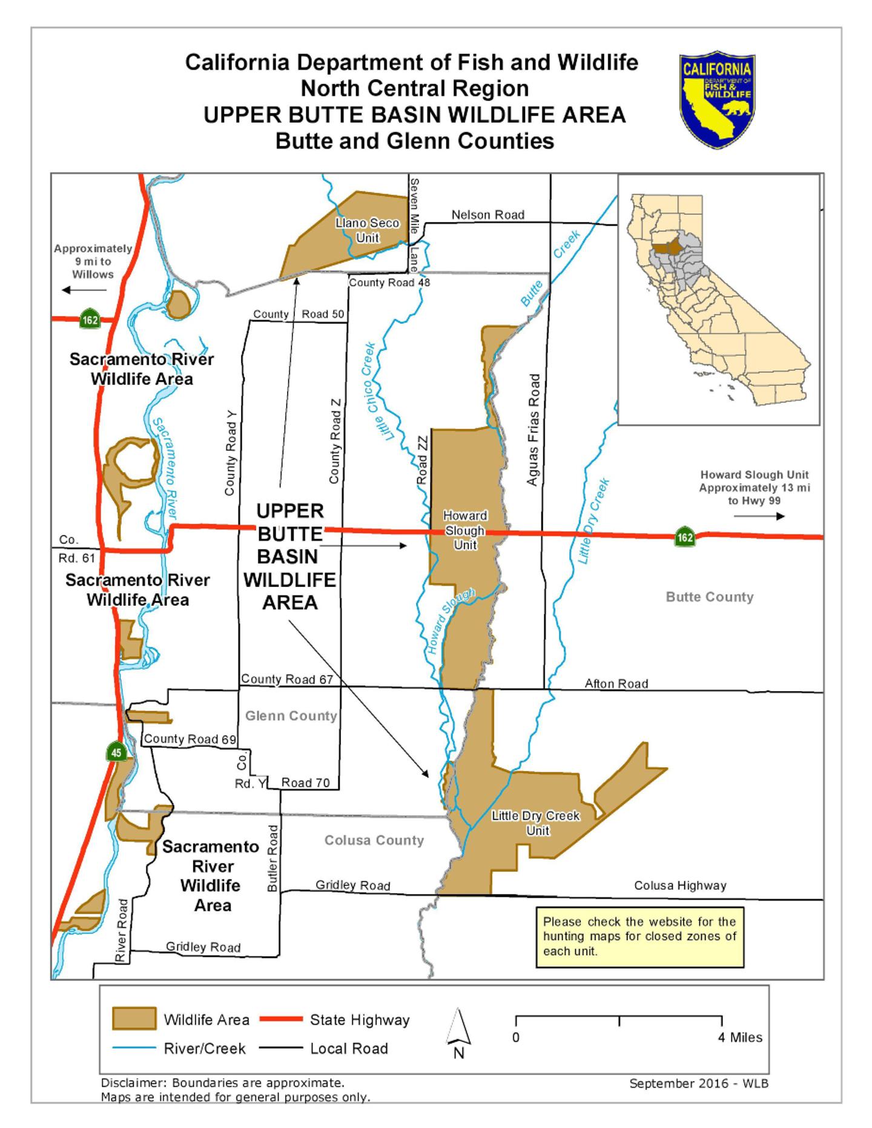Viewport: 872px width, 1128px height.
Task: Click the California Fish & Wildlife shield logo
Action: point(717,99)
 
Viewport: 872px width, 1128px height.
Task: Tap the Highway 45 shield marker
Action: point(116,753)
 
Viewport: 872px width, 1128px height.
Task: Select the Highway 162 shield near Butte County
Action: point(685,537)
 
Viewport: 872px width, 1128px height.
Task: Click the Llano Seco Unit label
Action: point(368,231)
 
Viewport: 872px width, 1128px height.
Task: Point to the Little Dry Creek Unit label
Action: point(536,823)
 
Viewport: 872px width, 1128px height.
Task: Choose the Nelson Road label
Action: point(488,215)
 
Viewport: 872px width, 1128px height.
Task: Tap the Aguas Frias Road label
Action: point(533,430)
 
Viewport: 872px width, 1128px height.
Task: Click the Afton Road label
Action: point(616,684)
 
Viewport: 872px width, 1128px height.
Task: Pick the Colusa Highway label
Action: point(680,885)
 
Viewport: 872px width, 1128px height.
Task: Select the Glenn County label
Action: point(291,716)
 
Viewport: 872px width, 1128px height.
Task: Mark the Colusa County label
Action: point(374,840)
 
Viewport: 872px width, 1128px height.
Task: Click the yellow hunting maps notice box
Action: point(639,937)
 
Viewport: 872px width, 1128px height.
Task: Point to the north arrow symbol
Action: point(458,1032)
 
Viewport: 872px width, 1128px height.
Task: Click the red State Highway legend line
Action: point(281,1019)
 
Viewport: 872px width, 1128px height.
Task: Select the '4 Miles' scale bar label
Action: point(740,1037)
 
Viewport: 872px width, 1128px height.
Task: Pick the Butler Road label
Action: point(273,858)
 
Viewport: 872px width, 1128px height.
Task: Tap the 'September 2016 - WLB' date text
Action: point(699,1084)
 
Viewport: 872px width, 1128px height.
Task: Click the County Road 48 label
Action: point(389,283)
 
